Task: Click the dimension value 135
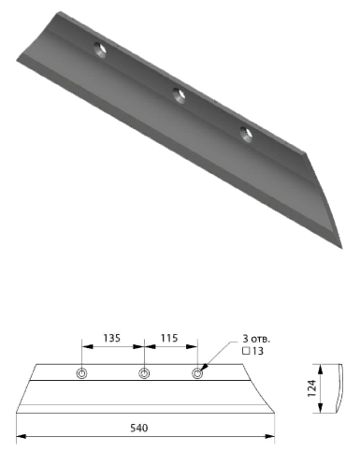coord(111,338)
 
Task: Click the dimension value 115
coord(169,338)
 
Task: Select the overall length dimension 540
coord(139,428)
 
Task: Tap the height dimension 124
coord(311,388)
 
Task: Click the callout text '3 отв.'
coord(256,339)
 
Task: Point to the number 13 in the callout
coord(258,351)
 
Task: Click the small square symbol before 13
coord(246,351)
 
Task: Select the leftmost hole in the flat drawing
coord(81,373)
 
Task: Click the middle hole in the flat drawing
coord(144,373)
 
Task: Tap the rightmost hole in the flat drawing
coord(197,373)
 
